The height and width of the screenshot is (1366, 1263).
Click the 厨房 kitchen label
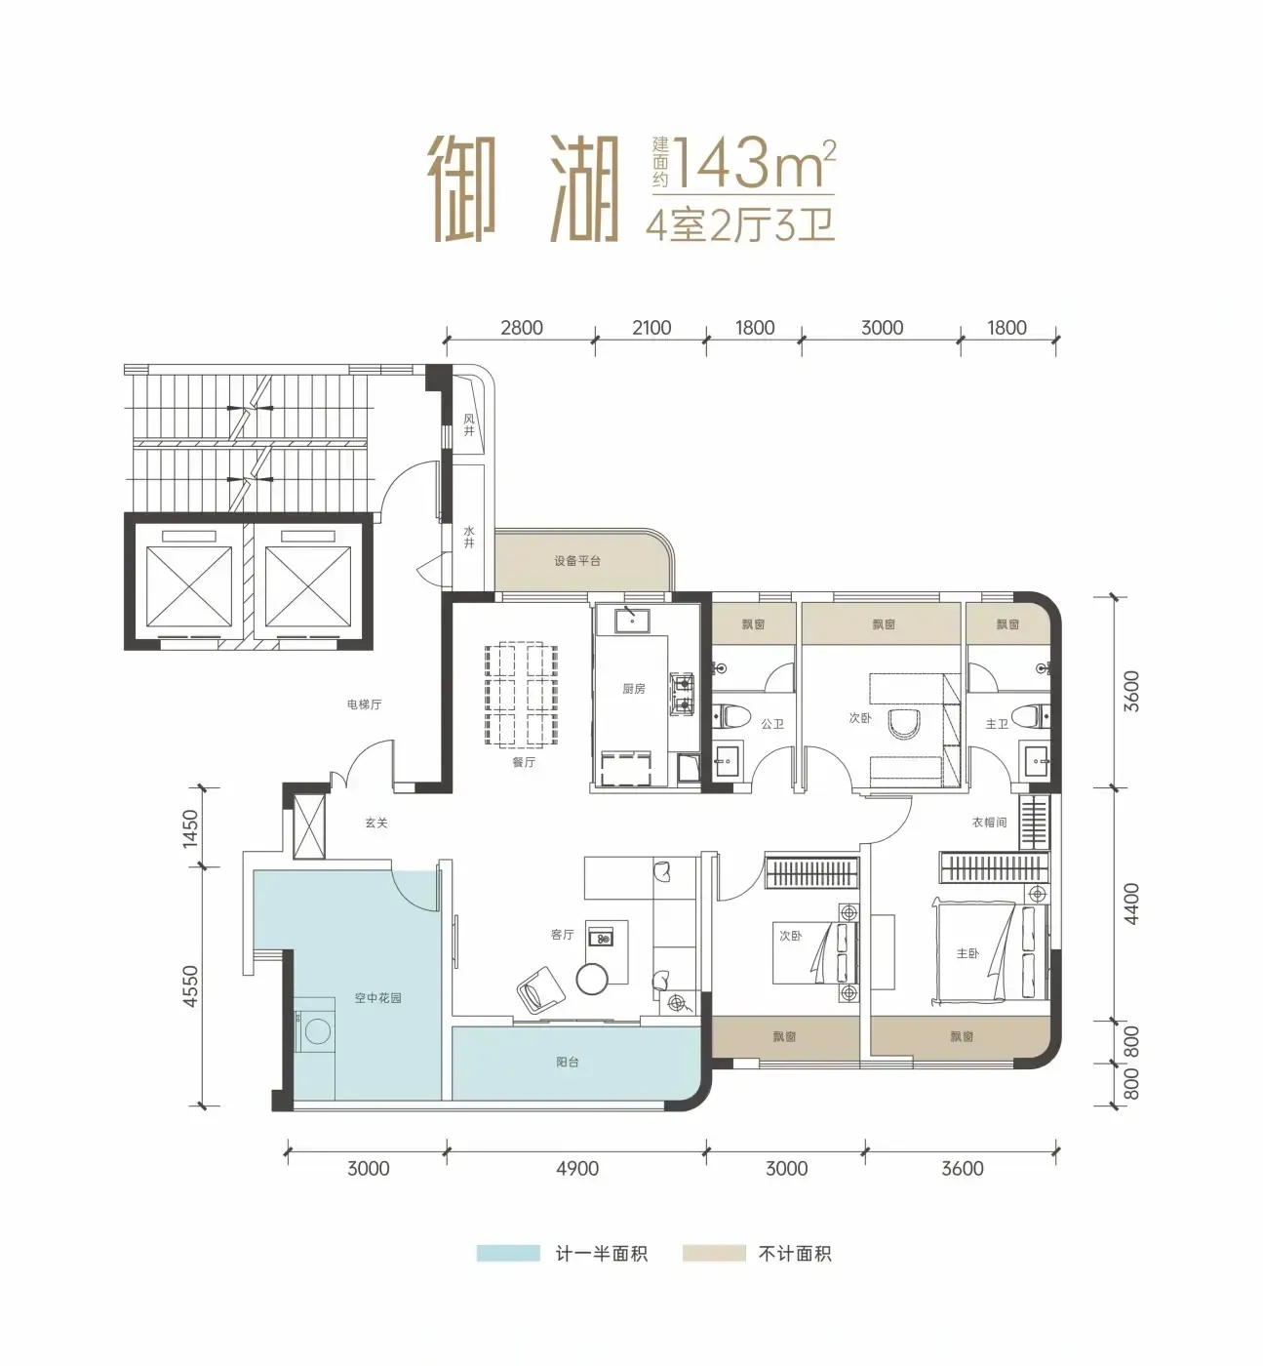coord(633,689)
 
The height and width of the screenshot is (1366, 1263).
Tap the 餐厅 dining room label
coord(524,762)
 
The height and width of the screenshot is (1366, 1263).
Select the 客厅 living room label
coord(562,935)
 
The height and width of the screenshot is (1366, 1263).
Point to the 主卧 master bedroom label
coord(967,953)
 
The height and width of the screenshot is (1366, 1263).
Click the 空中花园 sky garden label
coord(377,998)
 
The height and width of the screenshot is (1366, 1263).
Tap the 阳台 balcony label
coord(568,1062)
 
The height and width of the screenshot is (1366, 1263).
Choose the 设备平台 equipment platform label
coord(577,561)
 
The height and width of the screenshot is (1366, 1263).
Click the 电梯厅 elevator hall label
coord(365,704)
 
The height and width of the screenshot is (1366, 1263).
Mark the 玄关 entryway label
coord(376,823)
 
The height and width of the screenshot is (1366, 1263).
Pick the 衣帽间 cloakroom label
coord(989,822)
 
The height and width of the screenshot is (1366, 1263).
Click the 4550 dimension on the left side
coord(190,986)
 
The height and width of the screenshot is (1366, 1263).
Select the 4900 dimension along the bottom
coord(577,1169)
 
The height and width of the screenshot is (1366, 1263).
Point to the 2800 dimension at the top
coord(522,328)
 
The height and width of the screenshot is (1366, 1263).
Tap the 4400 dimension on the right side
coord(1131,904)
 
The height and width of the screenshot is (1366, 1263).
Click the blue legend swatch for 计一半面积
coord(508,1253)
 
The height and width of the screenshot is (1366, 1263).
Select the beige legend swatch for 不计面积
coord(714,1253)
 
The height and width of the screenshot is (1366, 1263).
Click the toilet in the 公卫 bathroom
coord(725,717)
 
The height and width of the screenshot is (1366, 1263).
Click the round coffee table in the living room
coord(592,978)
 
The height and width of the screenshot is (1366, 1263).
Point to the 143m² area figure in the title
coord(754,164)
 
